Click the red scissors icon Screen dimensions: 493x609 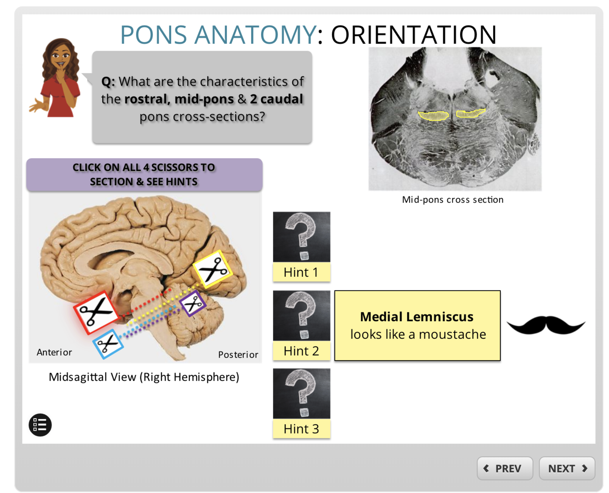pos(96,312)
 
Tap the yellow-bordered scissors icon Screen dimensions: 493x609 pos(212,269)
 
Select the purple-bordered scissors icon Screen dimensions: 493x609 pos(193,303)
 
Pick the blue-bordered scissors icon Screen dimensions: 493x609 pos(108,343)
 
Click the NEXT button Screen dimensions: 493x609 pos(567,468)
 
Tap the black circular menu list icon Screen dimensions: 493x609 pos(40,425)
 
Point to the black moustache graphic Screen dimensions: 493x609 pos(546,325)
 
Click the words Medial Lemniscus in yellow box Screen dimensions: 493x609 pos(417,317)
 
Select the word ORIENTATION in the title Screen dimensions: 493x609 pos(414,35)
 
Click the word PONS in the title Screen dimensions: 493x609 pos(153,35)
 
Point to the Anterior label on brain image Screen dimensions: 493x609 pos(54,352)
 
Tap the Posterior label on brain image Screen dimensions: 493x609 pos(238,354)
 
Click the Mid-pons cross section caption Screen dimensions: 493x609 pos(452,199)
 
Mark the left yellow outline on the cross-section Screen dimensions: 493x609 pos(434,116)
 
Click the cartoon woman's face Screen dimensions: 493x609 pos(61,58)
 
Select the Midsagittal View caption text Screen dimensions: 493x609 pos(144,377)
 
